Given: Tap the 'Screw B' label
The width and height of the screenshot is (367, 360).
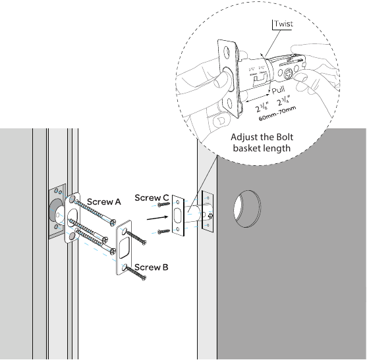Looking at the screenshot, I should pyautogui.click(x=151, y=267).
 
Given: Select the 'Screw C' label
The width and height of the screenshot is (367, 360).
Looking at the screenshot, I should pyautogui.click(x=152, y=197).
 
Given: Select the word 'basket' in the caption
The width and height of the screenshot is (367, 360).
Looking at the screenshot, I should pyautogui.click(x=248, y=149).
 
